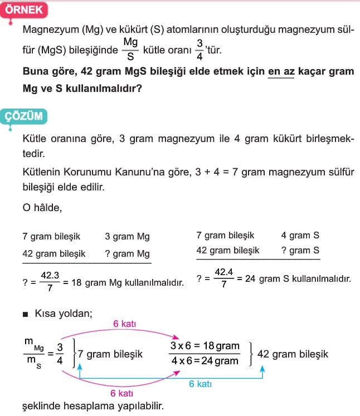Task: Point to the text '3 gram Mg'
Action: (127, 237)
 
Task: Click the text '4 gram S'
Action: (300, 236)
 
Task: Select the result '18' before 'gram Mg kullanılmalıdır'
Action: (77, 283)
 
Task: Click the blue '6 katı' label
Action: (200, 384)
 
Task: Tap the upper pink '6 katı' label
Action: (124, 324)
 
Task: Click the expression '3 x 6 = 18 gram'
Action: (204, 346)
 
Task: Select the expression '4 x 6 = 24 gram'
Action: (204, 360)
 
